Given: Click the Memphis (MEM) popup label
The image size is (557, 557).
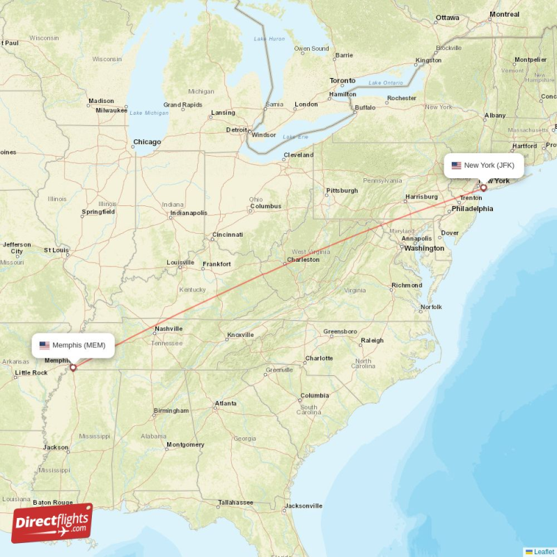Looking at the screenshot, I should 73,345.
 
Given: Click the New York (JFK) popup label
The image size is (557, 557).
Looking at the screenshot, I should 484,165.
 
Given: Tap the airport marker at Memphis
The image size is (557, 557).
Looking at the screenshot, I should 72,367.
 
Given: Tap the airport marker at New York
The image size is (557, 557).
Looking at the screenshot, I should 483,187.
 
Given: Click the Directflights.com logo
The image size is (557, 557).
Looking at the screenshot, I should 52,523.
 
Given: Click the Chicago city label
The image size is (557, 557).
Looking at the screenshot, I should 147,142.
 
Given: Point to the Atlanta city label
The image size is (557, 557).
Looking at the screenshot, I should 225,403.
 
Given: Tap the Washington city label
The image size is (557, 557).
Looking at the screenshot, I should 424,248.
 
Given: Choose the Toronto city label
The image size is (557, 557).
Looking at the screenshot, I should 343,81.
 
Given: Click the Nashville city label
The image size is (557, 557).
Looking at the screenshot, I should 168,329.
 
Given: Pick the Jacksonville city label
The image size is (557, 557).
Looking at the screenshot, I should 303,505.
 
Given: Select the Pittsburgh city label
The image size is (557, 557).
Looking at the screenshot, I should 342,190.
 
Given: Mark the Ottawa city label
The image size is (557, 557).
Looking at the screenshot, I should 448,17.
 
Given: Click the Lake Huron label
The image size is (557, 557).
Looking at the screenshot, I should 269,38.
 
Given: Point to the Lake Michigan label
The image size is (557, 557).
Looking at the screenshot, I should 149,113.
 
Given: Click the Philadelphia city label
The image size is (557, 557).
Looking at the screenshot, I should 472,208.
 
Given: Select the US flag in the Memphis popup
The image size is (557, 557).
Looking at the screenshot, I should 45,345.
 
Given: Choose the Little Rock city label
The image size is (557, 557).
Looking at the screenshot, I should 31,372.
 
